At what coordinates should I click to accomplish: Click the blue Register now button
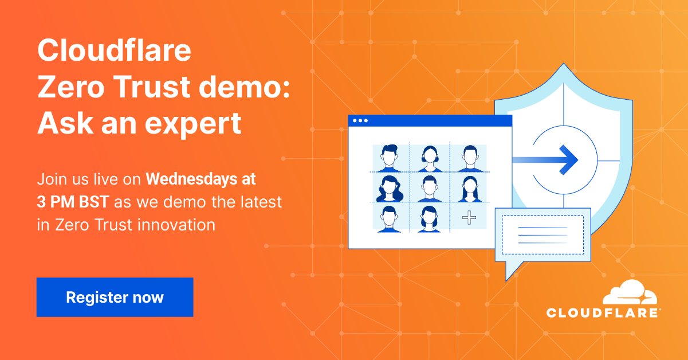point(115,297)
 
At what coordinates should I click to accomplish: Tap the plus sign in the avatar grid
point(469,218)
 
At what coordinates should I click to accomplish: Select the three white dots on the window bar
point(360,121)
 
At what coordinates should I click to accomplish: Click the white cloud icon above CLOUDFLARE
point(630,293)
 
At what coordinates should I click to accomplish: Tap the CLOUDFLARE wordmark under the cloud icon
point(604,313)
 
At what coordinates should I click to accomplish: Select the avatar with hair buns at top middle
point(430,158)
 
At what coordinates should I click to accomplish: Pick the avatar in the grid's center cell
point(430,188)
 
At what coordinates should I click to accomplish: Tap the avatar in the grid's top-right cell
point(469,158)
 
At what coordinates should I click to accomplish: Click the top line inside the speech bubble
point(542,228)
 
